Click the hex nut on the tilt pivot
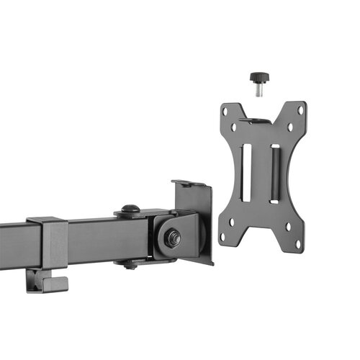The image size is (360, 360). (171, 238)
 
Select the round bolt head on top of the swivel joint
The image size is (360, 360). (130, 210)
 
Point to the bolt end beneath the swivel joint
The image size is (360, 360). (130, 265)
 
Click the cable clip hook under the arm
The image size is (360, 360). (48, 282)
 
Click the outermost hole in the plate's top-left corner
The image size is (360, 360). (225, 112)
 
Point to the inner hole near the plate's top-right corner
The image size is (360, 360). (289, 126)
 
